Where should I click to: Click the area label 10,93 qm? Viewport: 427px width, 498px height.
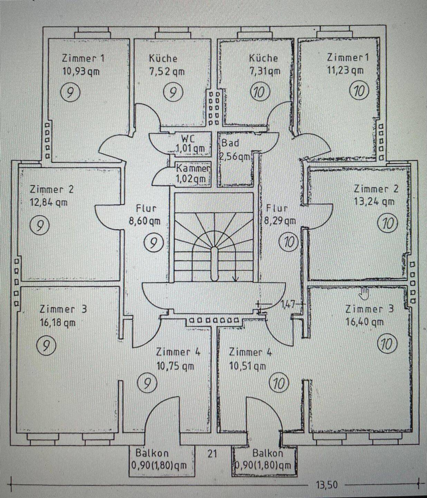pyautogui.click(x=81, y=72)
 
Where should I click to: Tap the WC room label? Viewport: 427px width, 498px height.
pyautogui.click(x=188, y=138)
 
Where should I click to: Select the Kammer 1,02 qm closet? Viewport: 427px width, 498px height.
pyautogui.click(x=193, y=174)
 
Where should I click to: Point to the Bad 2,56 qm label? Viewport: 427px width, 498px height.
pyautogui.click(x=235, y=150)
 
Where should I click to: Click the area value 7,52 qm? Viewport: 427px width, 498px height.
pyautogui.click(x=167, y=72)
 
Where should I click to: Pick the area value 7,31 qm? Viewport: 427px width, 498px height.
pyautogui.click(x=265, y=71)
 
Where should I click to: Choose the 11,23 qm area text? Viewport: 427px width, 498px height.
pyautogui.click(x=345, y=70)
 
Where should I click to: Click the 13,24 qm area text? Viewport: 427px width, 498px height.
pyautogui.click(x=374, y=202)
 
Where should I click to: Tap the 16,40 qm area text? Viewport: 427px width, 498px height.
pyautogui.click(x=364, y=322)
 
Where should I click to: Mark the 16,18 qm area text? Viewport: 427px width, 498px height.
pyautogui.click(x=58, y=323)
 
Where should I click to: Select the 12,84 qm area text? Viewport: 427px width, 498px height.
pyautogui.click(x=49, y=202)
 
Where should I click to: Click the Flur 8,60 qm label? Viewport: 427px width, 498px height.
pyautogui.click(x=145, y=215)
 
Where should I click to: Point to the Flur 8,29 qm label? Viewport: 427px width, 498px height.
pyautogui.click(x=280, y=214)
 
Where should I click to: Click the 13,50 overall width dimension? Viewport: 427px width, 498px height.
pyautogui.click(x=326, y=485)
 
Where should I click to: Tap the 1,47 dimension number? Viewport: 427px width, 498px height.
pyautogui.click(x=288, y=304)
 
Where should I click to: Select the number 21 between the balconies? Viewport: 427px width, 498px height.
pyautogui.click(x=212, y=453)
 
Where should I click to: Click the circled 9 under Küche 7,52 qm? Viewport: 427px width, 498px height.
pyautogui.click(x=173, y=92)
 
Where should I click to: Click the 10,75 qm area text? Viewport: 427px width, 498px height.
pyautogui.click(x=175, y=366)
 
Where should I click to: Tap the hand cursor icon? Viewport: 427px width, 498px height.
pyautogui.click(x=364, y=294)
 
